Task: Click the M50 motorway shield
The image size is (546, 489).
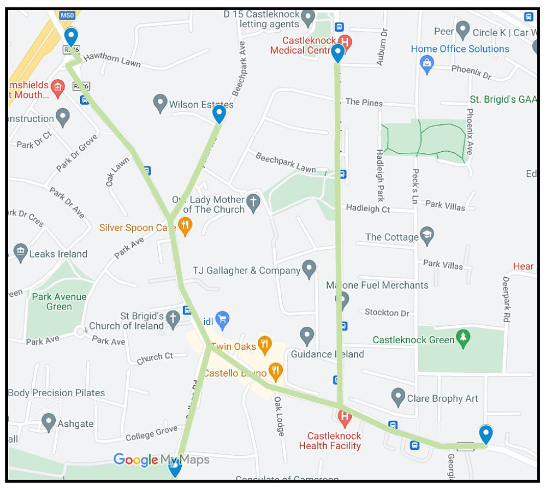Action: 67,15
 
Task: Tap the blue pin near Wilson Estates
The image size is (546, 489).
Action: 219,115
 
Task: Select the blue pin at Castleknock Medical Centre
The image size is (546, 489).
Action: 338,53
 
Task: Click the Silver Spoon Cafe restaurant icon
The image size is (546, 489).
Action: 186,226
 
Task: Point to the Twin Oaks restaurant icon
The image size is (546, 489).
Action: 265,344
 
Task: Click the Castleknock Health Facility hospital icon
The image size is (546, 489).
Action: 345,419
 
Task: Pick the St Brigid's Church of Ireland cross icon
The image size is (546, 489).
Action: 173,319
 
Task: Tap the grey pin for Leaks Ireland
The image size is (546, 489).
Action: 20,253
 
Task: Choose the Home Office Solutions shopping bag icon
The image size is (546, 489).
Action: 426,64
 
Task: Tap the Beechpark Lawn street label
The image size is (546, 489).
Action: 286,162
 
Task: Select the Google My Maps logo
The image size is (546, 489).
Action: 162,460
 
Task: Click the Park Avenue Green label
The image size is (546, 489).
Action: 59,302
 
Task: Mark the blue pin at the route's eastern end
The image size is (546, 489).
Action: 485,434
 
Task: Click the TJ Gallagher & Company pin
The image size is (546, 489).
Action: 309,269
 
